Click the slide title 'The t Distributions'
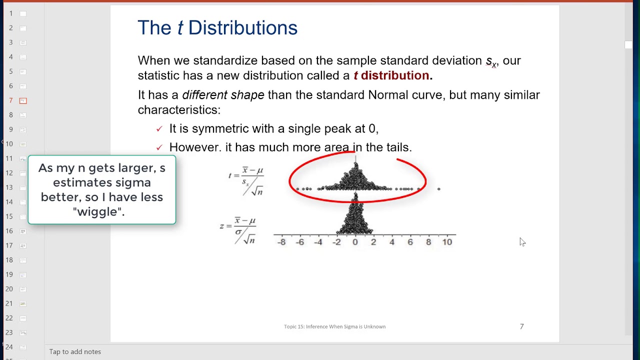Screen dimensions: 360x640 pos(217,28)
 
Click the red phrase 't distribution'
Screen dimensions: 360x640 pos(391,75)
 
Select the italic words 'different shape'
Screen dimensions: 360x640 pos(223,95)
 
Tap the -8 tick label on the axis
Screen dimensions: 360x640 pos(281,242)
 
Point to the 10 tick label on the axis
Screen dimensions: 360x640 pos(446,242)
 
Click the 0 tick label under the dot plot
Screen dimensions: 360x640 pos(355,242)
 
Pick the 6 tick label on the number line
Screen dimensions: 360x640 pos(410,242)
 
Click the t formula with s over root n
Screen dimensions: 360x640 pos(246,180)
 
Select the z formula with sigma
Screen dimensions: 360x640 pos(238,230)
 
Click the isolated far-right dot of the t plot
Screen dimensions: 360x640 pos(439,189)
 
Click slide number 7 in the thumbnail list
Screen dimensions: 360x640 pos(11,100)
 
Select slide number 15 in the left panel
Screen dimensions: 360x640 pos(9,216)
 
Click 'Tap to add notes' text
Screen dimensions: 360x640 pos(75,351)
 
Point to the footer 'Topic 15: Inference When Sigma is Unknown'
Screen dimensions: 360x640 pos(334,326)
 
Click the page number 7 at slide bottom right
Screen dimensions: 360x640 pos(521,326)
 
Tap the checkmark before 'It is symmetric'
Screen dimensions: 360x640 pos(159,129)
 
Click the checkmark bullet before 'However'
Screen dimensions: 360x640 pos(159,147)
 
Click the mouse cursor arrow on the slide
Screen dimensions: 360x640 pos(522,242)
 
